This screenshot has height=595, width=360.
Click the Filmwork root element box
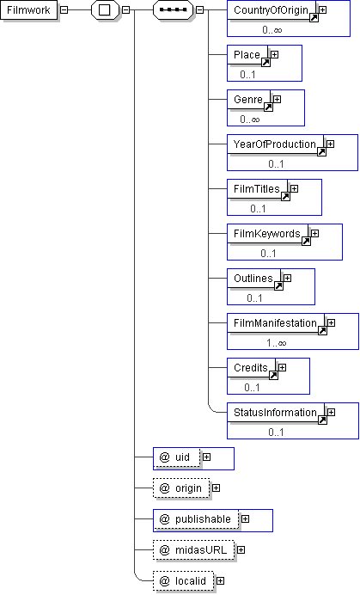pos(29,9)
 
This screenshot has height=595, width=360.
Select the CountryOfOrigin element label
pos(271,9)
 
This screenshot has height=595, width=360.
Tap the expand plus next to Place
pos(275,55)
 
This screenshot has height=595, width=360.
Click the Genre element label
pos(248,100)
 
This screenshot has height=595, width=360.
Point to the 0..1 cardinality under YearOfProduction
pos(276,164)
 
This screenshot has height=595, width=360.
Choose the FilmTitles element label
pos(256,188)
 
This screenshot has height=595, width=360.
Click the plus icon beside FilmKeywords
pos(314,233)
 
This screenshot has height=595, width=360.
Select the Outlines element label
pos(253,278)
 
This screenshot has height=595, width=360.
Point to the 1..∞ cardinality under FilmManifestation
pos(276,343)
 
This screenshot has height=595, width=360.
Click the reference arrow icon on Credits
pos(273,375)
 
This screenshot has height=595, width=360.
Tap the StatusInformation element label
pos(275,412)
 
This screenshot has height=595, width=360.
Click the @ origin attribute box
pos(181,488)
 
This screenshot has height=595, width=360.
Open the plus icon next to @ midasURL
pos(241,549)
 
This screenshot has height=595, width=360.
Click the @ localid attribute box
pos(184,581)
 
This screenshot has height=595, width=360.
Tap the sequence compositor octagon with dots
pos(174,9)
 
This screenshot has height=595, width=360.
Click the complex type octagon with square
pos(105,9)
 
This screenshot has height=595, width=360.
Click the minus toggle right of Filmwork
pos(64,9)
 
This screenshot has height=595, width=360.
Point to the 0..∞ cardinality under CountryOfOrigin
pos(272,29)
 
